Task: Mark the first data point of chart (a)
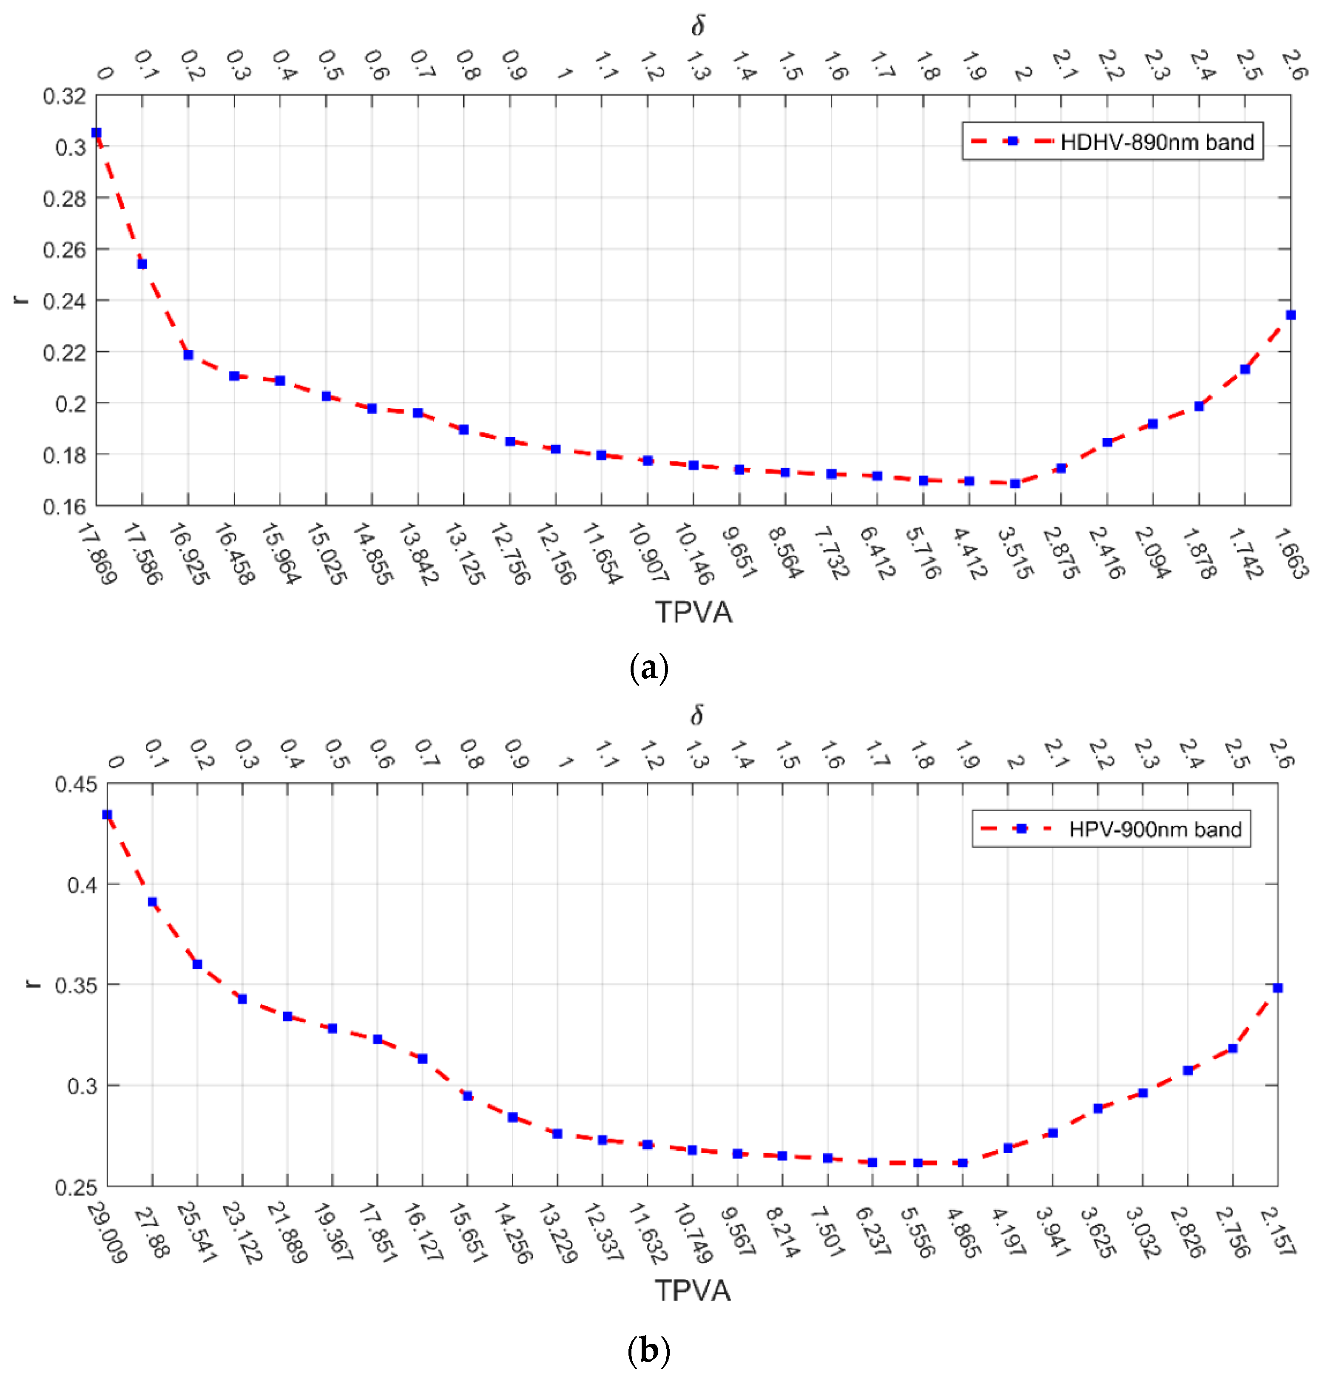97,133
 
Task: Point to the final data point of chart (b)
1277,988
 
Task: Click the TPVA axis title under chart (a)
693,612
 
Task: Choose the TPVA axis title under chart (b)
693,1291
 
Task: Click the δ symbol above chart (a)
697,26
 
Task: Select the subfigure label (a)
648,667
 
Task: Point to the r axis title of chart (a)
22,299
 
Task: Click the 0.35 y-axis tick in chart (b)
76,985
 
